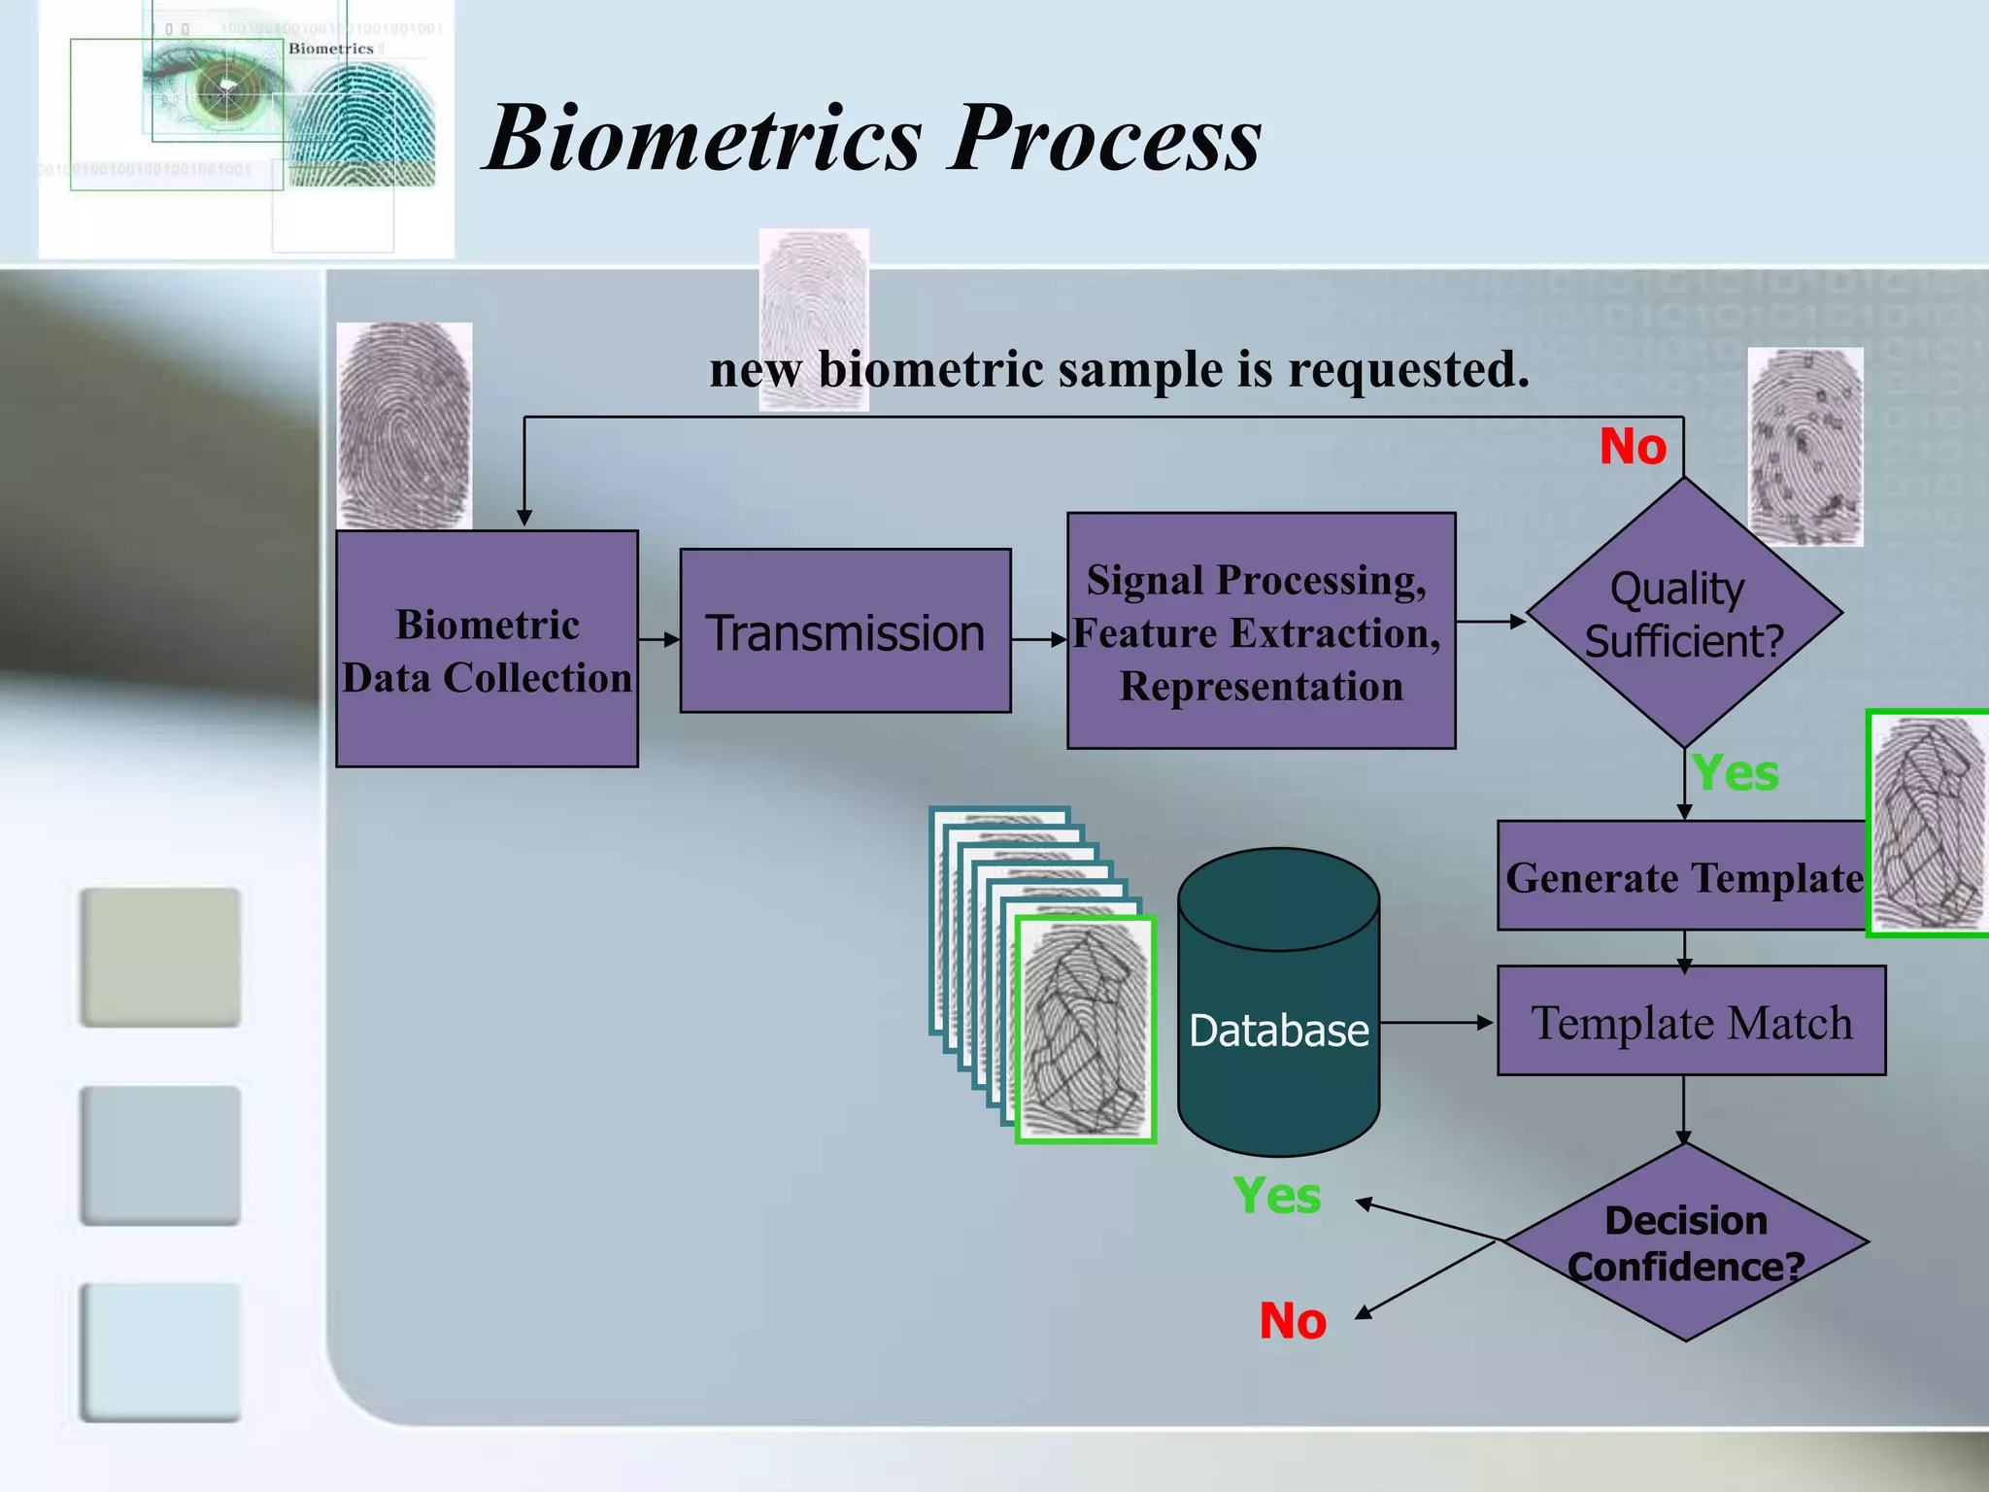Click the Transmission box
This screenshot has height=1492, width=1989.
(845, 631)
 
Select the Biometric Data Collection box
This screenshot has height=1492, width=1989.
(487, 649)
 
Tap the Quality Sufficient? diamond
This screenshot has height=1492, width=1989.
(1684, 614)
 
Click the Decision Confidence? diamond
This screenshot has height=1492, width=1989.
(1685, 1243)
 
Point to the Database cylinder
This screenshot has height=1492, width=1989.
(1278, 1010)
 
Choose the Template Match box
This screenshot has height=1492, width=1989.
(1691, 1021)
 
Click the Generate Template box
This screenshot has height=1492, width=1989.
(1682, 876)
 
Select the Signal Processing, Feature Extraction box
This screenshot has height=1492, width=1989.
(1261, 631)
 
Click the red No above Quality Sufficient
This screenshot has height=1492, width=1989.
(1633, 447)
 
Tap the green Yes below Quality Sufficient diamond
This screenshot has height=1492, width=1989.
(1735, 774)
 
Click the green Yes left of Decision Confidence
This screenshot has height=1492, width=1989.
(1276, 1196)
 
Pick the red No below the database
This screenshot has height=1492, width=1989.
(1293, 1321)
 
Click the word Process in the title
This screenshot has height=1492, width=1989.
(1107, 139)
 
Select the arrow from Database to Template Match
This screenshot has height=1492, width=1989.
(1435, 1022)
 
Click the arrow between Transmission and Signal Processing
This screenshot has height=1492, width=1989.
(1039, 639)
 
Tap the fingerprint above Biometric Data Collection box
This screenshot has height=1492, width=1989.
(404, 425)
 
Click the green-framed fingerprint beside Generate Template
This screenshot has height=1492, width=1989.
(1928, 824)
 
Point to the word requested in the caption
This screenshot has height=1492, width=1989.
(1408, 370)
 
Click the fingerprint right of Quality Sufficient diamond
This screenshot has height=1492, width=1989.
(1805, 447)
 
